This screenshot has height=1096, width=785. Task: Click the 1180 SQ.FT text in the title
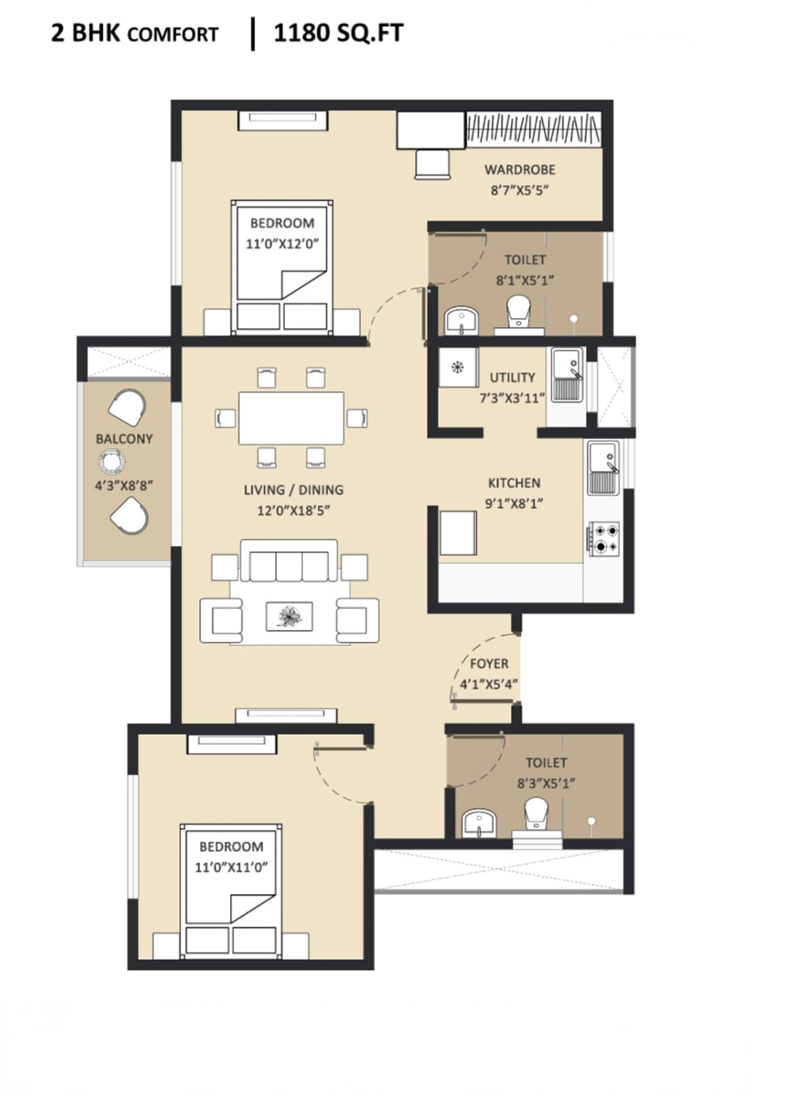(338, 34)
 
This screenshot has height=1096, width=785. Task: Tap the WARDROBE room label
(520, 170)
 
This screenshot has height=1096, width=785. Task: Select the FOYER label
(489, 664)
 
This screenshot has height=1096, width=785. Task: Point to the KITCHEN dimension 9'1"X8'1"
(514, 503)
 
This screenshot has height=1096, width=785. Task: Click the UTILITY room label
(512, 377)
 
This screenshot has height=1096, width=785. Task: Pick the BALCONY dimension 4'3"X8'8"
(124, 486)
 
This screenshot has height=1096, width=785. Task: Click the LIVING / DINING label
(294, 490)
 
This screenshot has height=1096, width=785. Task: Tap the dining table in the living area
(291, 418)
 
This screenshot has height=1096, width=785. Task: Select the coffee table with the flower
(289, 616)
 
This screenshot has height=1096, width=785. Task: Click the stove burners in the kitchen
(604, 538)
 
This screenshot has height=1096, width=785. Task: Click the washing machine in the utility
(458, 367)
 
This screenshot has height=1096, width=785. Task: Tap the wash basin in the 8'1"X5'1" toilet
(462, 321)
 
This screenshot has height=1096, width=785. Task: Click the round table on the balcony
(112, 462)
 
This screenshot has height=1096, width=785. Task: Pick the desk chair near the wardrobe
(432, 165)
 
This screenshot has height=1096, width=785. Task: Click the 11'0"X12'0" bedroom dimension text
(282, 244)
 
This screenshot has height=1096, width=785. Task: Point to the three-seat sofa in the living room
(289, 561)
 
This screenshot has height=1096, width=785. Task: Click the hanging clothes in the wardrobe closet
(534, 129)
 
